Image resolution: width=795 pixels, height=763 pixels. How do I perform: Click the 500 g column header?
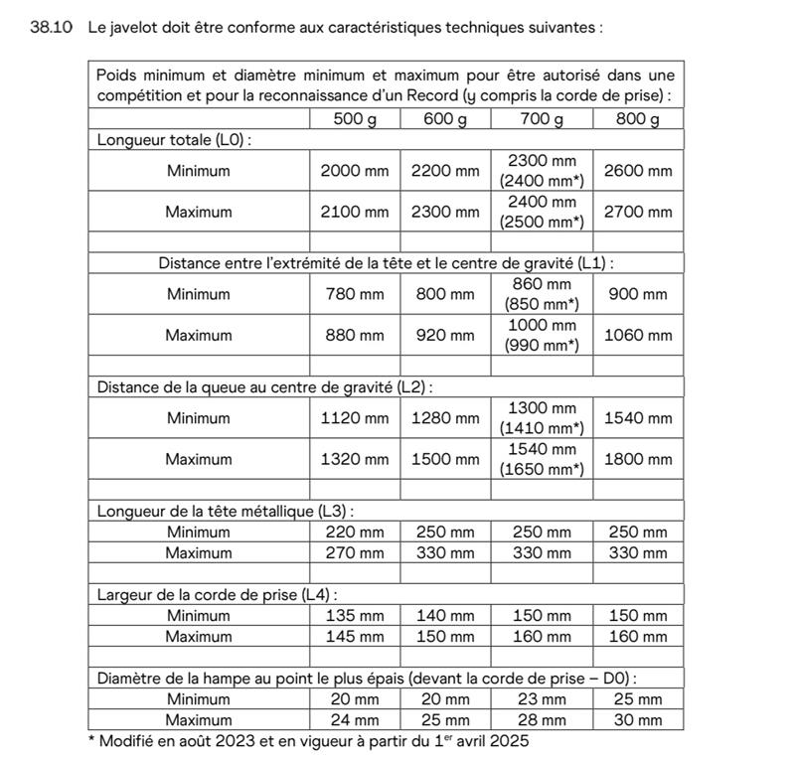(355, 119)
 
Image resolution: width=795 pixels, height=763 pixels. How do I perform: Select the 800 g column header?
(638, 119)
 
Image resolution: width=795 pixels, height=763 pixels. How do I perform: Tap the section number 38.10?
(52, 27)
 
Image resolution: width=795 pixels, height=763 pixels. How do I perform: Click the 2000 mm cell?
(355, 171)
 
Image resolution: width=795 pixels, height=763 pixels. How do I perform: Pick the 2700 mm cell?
(638, 212)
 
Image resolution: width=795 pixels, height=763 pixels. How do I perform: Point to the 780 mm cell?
(355, 294)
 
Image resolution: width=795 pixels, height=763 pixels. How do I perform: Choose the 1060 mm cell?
(638, 335)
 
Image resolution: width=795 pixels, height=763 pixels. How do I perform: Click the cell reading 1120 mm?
(355, 418)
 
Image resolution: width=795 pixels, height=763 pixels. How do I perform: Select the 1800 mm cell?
(638, 459)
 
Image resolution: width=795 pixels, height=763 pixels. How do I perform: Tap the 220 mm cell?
(355, 532)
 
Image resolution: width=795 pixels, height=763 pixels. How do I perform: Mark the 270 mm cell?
(355, 552)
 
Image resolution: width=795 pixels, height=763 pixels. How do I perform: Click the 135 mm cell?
(355, 615)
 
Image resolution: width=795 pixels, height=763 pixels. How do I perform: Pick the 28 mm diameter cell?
(542, 719)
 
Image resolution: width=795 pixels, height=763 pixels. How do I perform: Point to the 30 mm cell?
(638, 719)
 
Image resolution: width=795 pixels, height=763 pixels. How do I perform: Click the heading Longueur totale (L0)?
(174, 140)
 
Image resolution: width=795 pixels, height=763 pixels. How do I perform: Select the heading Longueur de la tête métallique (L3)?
(226, 511)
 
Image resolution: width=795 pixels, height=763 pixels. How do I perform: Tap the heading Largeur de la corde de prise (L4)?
(217, 594)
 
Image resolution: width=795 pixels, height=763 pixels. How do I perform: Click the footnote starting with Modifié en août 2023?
(308, 741)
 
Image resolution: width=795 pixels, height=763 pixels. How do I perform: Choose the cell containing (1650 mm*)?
(542, 469)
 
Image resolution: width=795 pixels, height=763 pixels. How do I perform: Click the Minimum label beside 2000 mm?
(199, 171)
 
